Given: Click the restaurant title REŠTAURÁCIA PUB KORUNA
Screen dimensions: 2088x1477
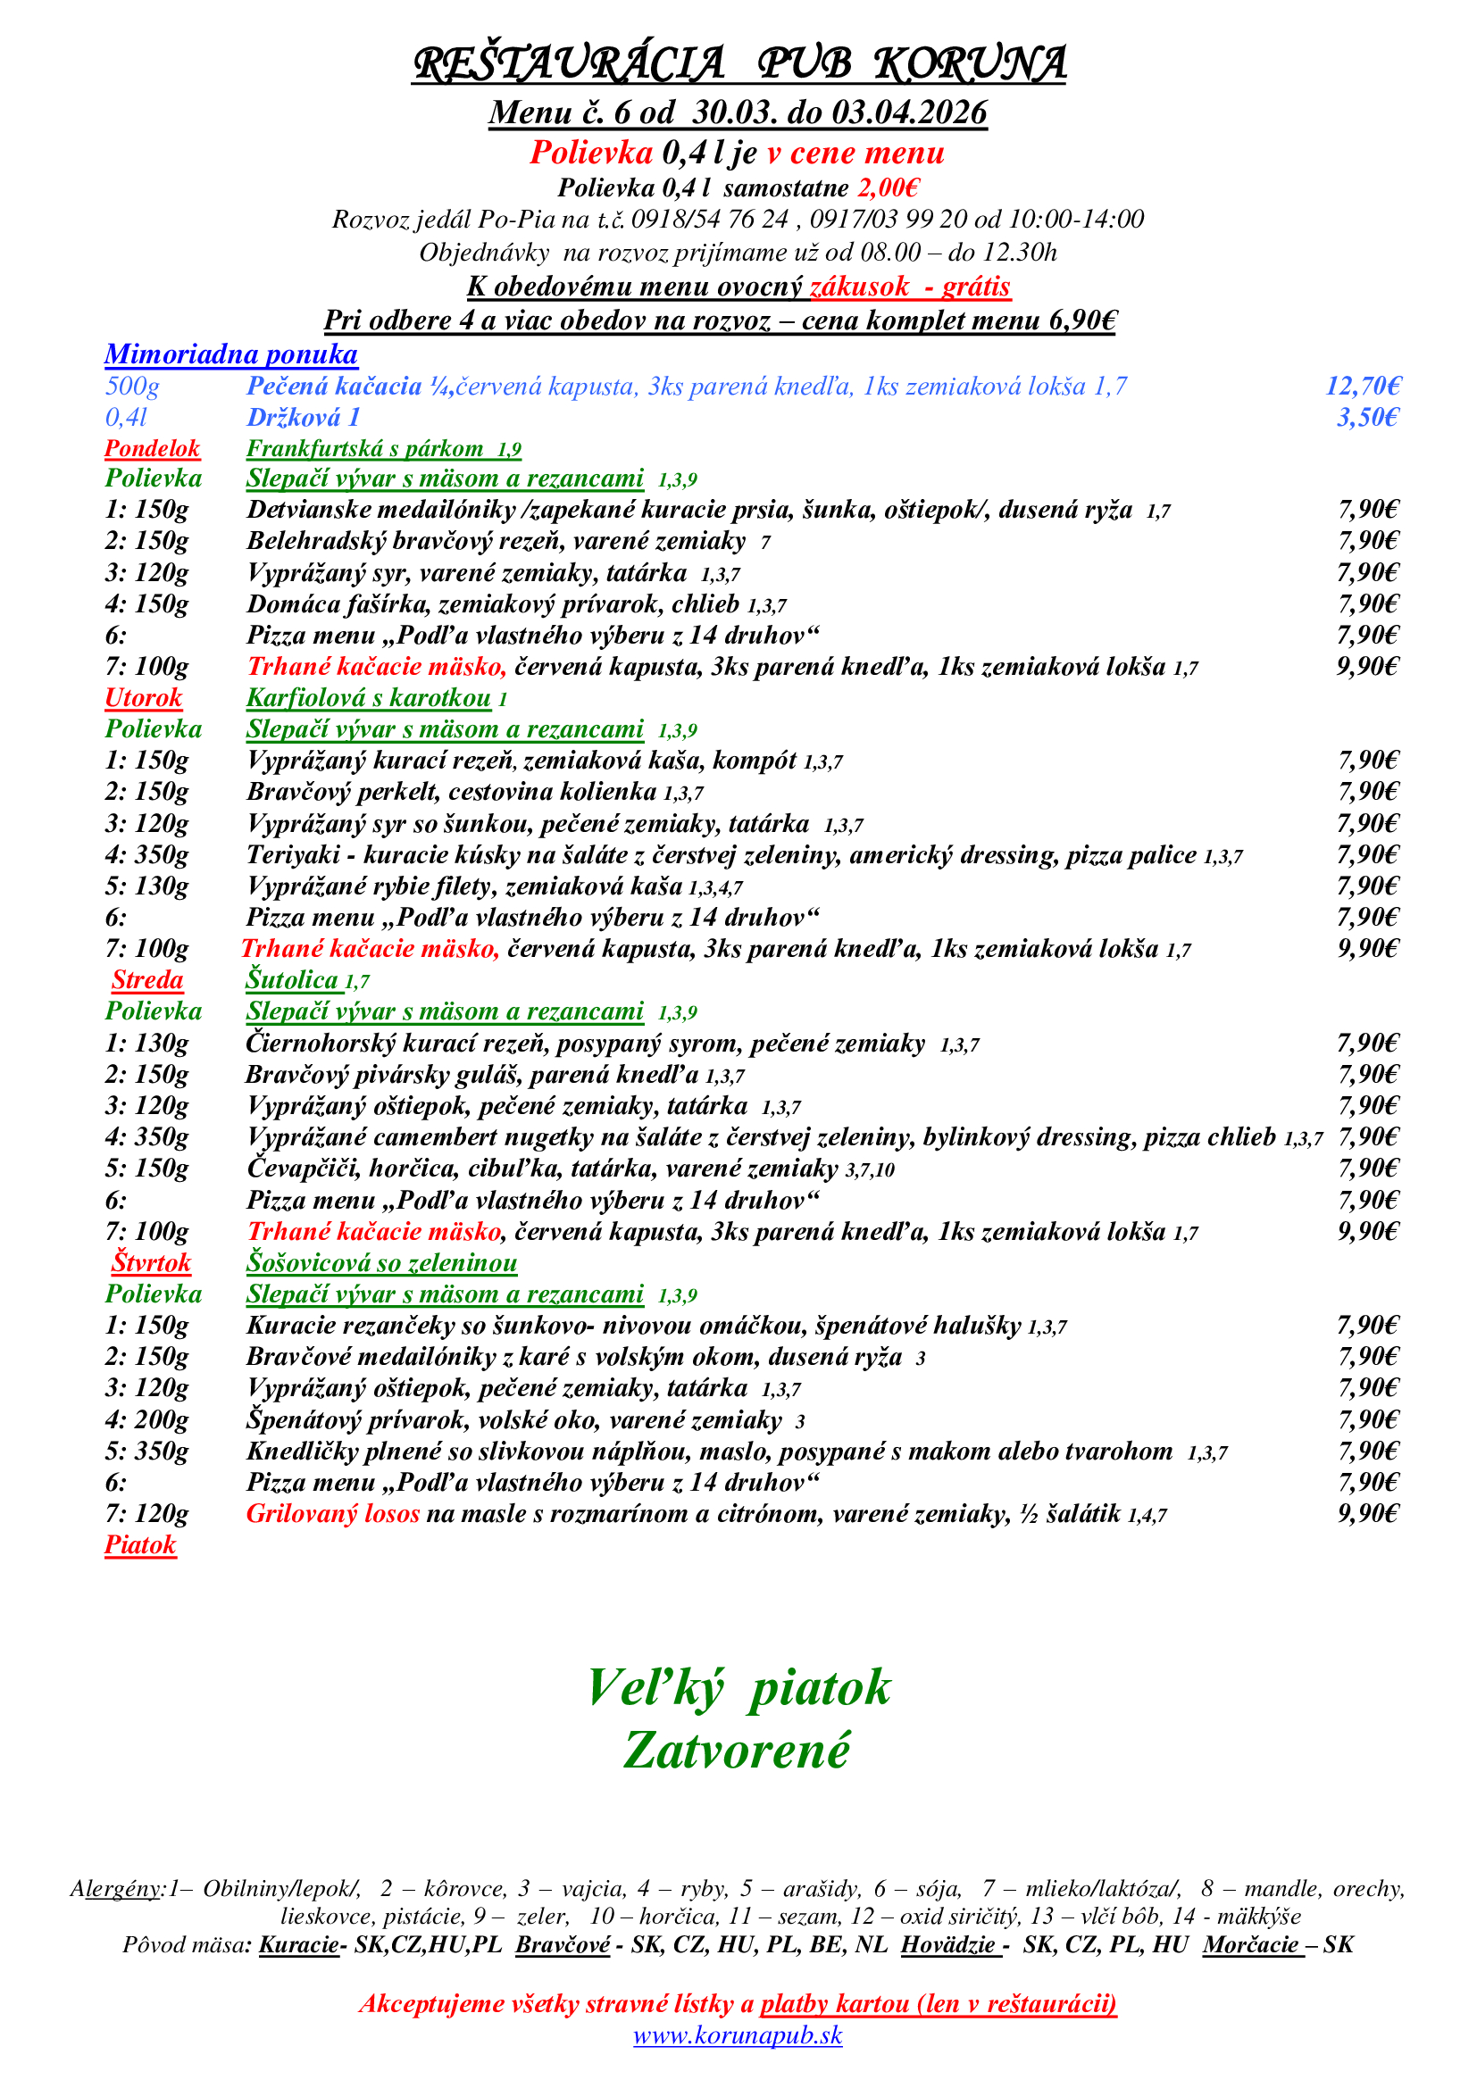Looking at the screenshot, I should point(738,63).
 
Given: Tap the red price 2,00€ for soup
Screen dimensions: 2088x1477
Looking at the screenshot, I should point(888,188).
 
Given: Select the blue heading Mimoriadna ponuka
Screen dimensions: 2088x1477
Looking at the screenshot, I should point(231,354).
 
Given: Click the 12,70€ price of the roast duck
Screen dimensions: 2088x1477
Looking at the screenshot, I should point(1363,386).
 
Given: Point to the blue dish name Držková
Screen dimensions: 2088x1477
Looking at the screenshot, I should point(304,418).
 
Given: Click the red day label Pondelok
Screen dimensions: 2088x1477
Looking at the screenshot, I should point(152,448).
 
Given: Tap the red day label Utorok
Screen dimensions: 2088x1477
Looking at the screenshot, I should point(144,697).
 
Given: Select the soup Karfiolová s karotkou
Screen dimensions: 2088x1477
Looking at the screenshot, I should point(368,697).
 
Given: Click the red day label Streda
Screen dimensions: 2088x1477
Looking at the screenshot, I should point(147,979).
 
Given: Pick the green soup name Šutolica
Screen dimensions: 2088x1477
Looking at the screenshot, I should point(292,979).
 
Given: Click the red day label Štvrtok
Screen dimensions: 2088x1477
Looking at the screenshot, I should point(151,1262).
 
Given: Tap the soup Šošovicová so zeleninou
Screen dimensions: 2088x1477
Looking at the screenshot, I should point(381,1262).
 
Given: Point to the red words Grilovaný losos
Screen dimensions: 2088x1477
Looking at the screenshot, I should point(333,1513).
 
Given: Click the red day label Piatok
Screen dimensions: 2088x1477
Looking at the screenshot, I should point(140,1545).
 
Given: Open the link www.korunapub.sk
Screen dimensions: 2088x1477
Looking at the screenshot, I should point(738,2034).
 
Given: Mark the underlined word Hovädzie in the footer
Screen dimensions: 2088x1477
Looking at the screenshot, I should point(949,1944).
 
